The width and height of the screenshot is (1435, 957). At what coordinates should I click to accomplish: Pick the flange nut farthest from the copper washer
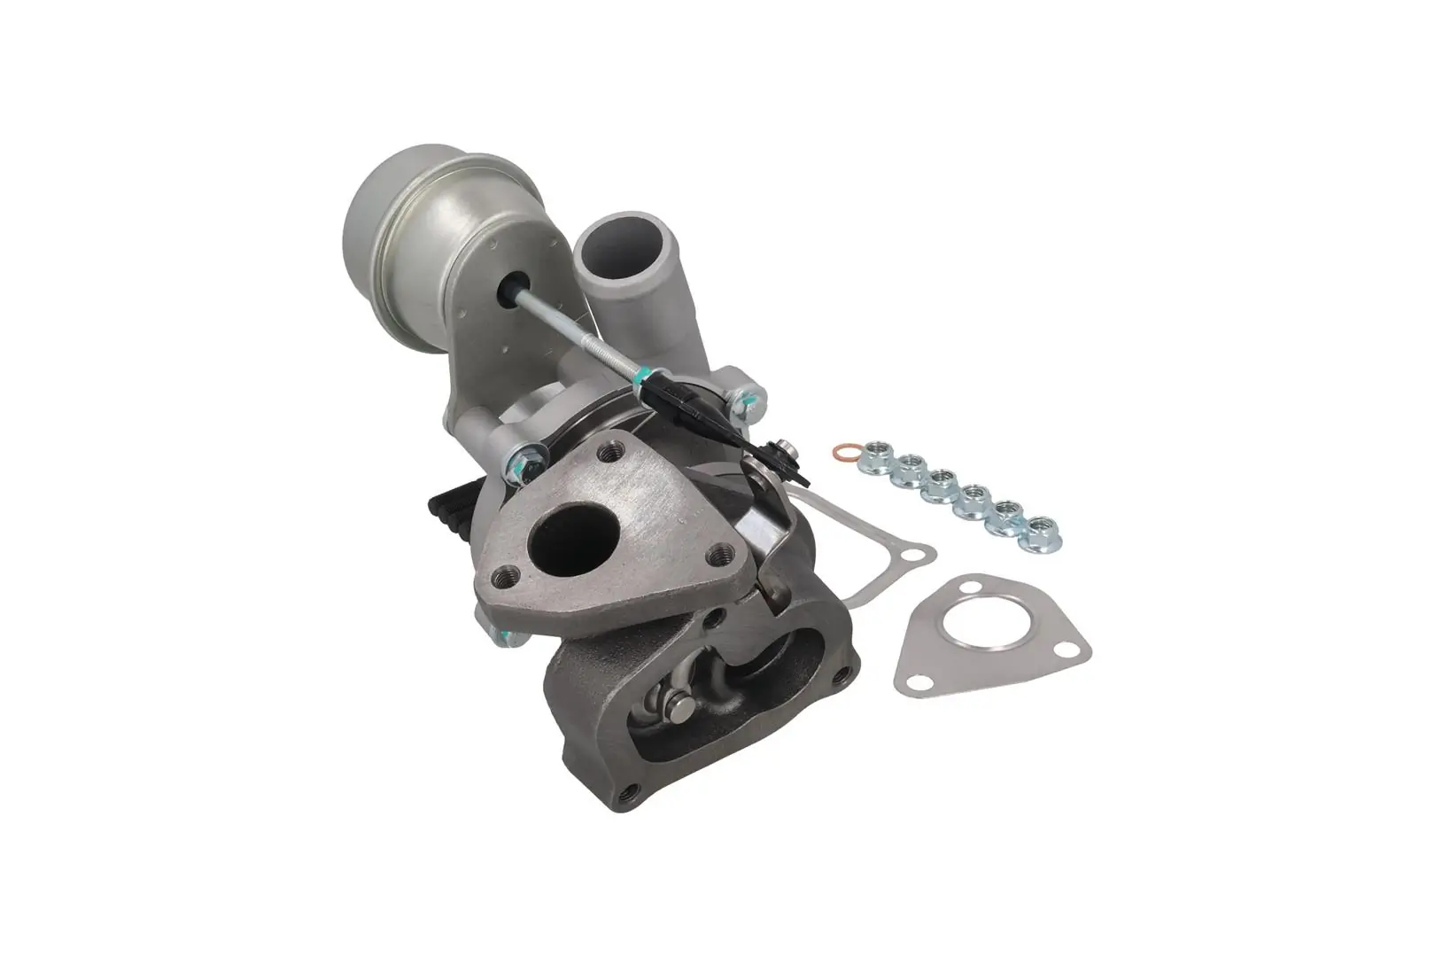pyautogui.click(x=1039, y=535)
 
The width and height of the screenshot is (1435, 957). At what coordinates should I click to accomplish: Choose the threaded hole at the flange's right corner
pyautogui.click(x=719, y=556)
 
